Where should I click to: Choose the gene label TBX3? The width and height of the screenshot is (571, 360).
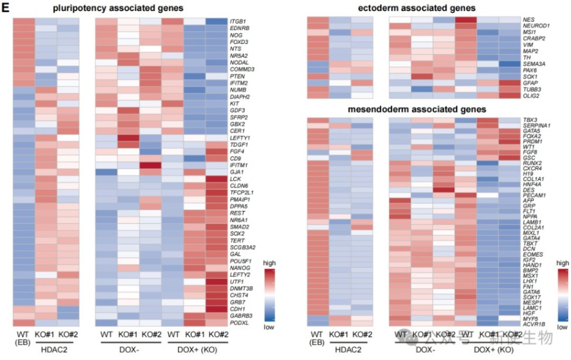point(531,120)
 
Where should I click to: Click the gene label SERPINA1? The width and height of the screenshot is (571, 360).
point(538,126)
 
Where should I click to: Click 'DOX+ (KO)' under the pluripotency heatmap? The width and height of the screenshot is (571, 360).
point(201,349)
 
